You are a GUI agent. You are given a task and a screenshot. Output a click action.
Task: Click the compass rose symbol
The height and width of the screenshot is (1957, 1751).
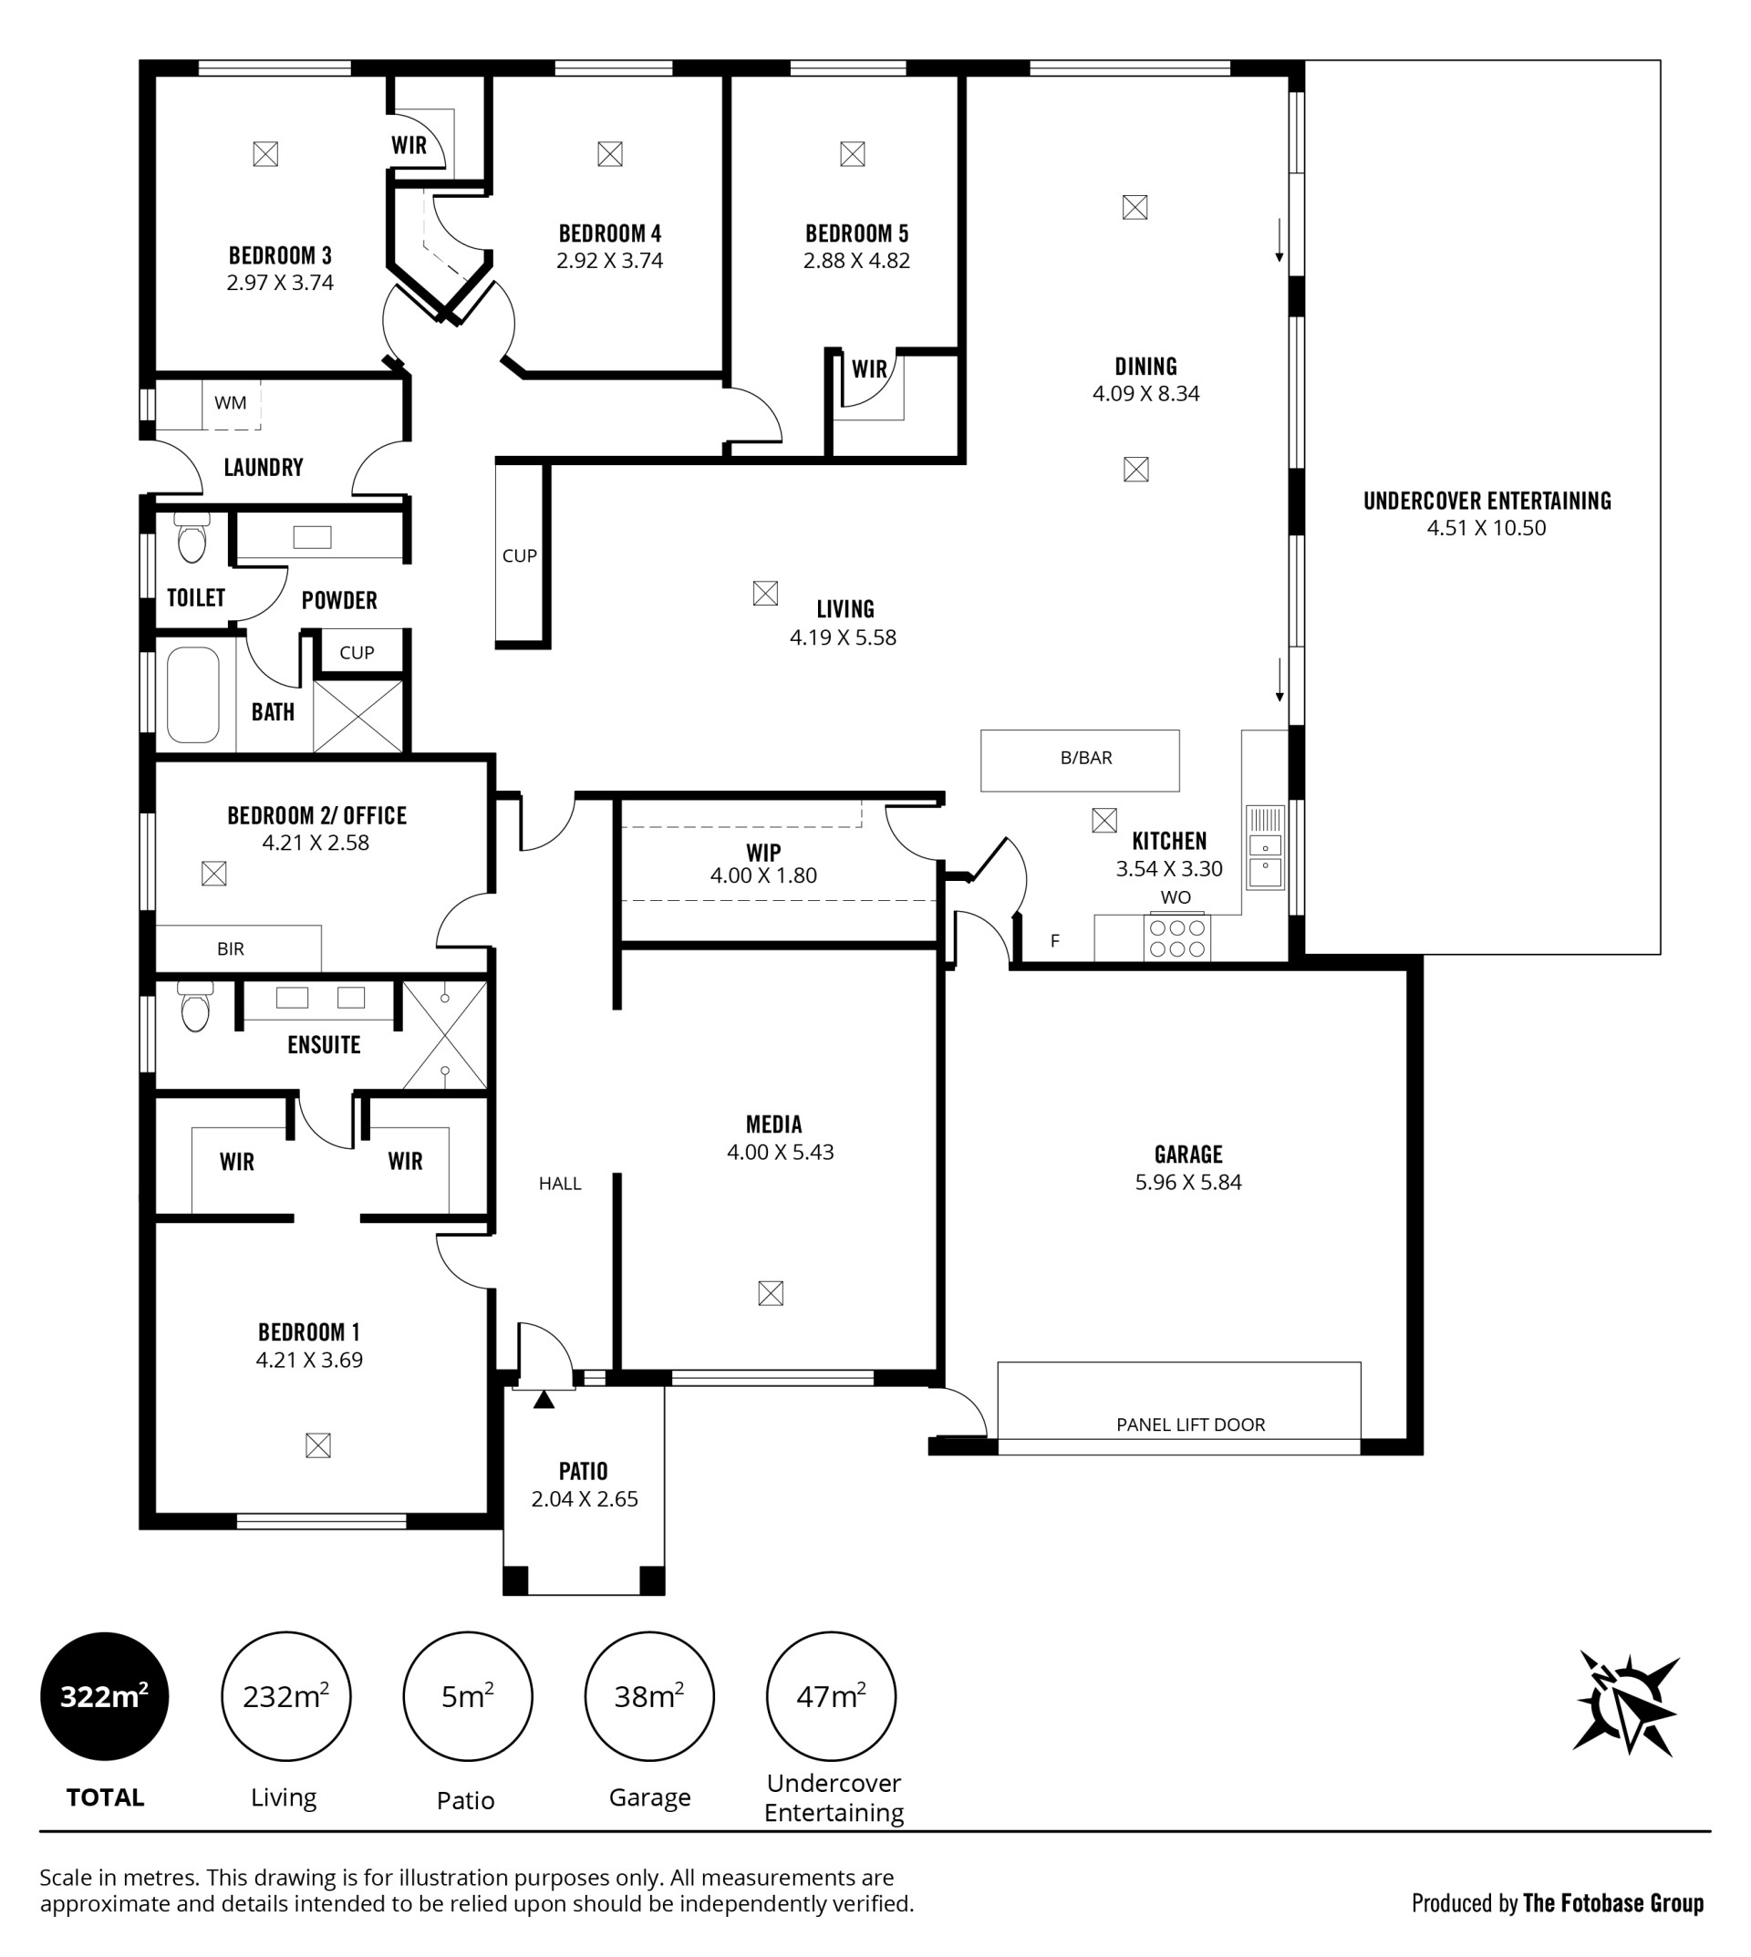[x=1627, y=1704]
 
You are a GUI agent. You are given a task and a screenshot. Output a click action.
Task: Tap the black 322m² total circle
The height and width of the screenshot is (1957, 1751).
[x=105, y=1696]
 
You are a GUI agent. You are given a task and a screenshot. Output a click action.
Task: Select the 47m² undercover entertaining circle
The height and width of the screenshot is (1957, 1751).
[x=831, y=1696]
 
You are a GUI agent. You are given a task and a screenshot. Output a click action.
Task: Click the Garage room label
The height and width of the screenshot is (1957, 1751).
[x=1188, y=1155]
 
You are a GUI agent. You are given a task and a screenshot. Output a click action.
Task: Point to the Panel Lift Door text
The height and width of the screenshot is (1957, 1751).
[x=1190, y=1424]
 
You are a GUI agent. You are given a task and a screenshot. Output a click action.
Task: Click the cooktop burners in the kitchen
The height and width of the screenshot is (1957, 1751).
[x=1176, y=938]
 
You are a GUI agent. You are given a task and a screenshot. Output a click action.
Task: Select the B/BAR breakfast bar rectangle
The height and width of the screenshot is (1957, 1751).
[x=1080, y=761]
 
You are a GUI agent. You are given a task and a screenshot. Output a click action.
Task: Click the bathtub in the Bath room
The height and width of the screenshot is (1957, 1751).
[x=193, y=695]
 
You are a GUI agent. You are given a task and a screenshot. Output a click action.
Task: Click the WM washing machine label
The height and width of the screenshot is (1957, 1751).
[x=230, y=403]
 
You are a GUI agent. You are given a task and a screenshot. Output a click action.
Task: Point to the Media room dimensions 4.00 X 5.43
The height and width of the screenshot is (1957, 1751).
[x=781, y=1153]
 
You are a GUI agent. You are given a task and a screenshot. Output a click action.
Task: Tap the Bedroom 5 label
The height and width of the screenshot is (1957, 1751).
[x=856, y=233]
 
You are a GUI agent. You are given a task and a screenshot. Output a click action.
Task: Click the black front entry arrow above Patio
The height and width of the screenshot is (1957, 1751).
[x=544, y=1400]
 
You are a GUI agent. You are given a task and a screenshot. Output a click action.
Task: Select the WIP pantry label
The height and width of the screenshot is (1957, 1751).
[x=763, y=853]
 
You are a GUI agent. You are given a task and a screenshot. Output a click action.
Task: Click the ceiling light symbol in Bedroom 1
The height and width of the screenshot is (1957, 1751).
[x=317, y=1445]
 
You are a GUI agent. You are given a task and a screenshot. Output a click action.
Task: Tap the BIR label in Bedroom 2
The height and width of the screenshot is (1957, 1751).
[x=231, y=949]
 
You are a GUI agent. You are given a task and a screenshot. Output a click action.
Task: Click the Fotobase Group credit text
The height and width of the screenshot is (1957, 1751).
[x=1613, y=1903]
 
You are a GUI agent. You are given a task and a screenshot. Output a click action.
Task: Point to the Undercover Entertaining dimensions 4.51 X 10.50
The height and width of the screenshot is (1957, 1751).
[x=1487, y=528]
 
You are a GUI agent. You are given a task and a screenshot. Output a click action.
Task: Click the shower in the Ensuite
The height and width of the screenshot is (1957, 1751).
[x=444, y=1035]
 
